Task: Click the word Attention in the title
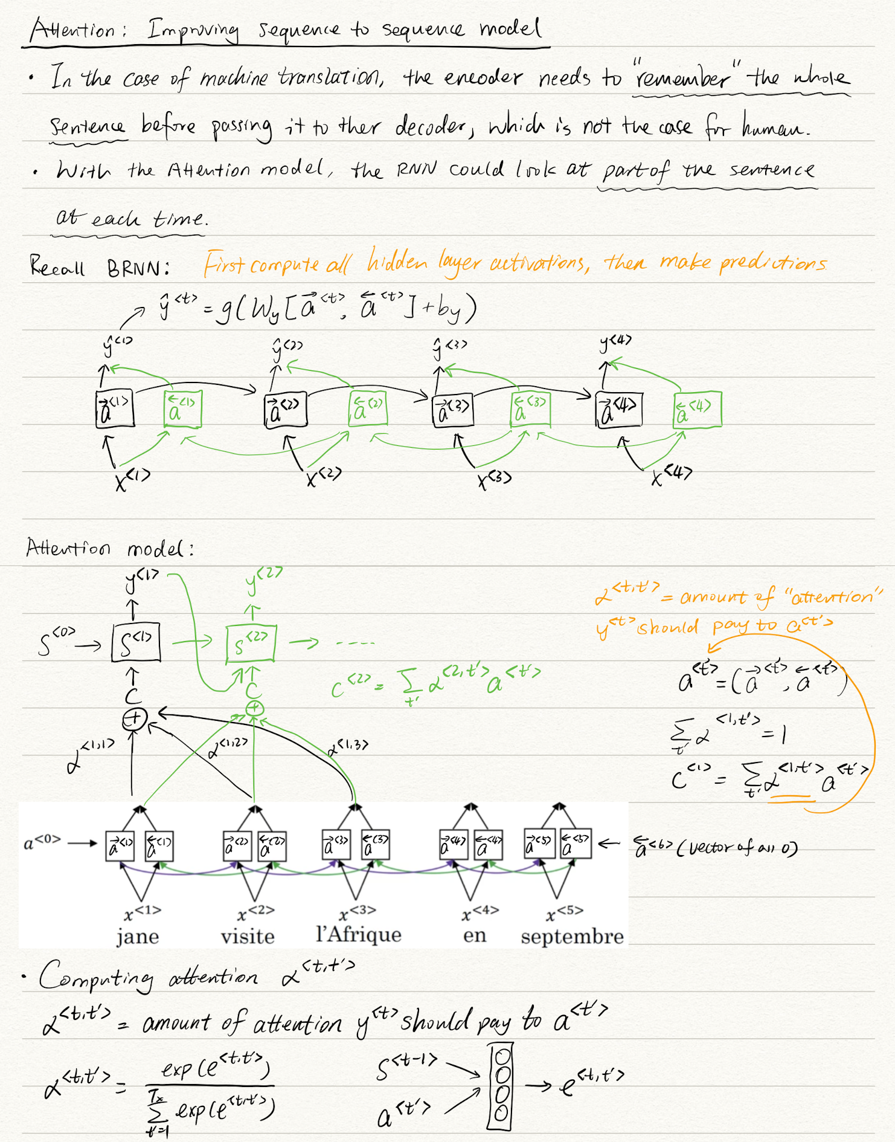tap(72, 30)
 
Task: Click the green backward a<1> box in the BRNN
tap(182, 409)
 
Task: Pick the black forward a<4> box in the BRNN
tap(618, 410)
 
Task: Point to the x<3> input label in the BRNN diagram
tap(494, 480)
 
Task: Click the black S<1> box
tap(136, 642)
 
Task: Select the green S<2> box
tap(251, 643)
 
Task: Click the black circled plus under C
tap(134, 719)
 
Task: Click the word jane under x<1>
tap(138, 937)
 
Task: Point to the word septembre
tap(572, 937)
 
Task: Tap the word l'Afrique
tap(359, 935)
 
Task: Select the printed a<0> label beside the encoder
tap(42, 842)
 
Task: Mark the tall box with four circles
tap(501, 1086)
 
